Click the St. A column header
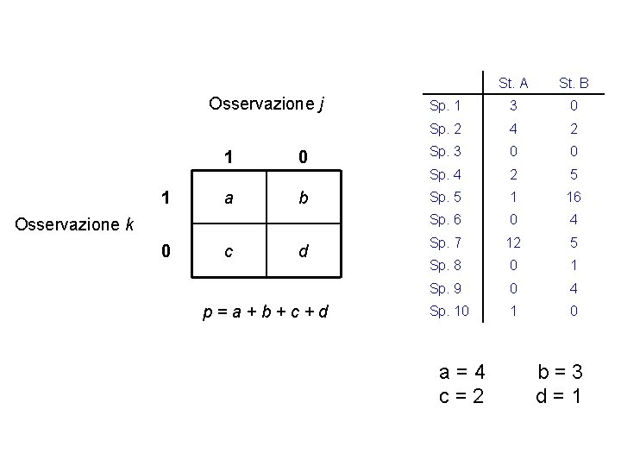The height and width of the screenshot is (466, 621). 512,84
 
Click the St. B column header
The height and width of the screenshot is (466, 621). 574,84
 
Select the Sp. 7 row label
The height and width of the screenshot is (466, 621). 445,242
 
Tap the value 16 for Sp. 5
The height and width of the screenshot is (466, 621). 574,196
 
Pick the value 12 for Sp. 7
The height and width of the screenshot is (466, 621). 512,242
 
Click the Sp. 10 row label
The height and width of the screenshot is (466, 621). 448,309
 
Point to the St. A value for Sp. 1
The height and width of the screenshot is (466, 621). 512,106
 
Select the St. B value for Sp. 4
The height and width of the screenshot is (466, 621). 574,173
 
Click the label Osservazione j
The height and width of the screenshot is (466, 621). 267,104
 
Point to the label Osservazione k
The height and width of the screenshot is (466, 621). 76,224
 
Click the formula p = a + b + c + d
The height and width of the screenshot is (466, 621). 267,312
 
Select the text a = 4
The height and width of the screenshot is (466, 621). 462,373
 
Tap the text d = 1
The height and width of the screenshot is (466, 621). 559,397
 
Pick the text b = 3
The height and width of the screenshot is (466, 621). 560,373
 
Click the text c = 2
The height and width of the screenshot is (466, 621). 462,397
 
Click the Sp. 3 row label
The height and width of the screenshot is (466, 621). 445,151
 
